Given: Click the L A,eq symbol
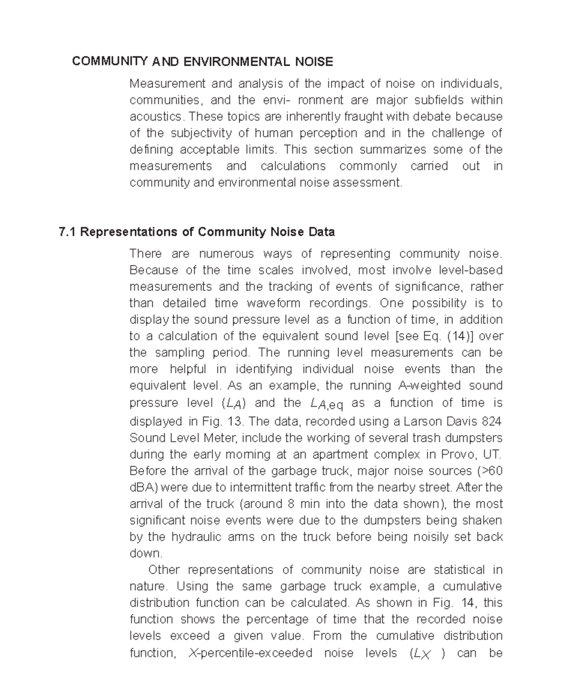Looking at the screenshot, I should (x=326, y=404).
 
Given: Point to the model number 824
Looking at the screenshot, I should (x=491, y=421).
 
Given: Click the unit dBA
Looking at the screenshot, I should (x=144, y=487).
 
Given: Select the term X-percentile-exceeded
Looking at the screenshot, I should (x=250, y=653).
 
